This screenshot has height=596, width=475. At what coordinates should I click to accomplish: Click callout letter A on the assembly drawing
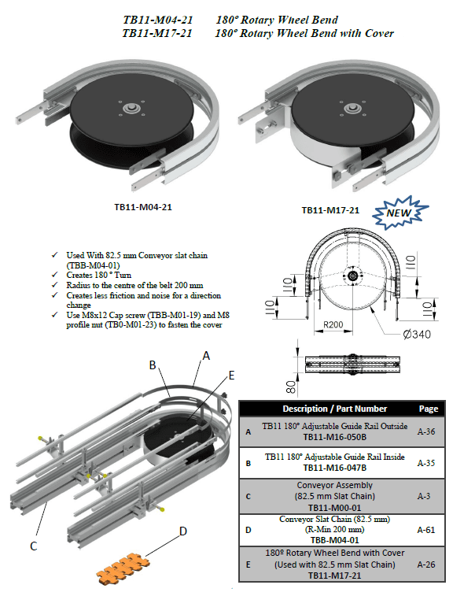coord(206,355)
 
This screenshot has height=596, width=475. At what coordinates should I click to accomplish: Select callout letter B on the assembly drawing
coord(155,365)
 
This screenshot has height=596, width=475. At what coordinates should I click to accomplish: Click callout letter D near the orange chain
coord(183,532)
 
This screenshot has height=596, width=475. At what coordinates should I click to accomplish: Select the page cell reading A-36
coord(427,431)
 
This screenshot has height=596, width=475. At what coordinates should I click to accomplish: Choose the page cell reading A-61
coord(427,530)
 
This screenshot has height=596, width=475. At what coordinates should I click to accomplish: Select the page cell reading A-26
coord(427,564)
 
